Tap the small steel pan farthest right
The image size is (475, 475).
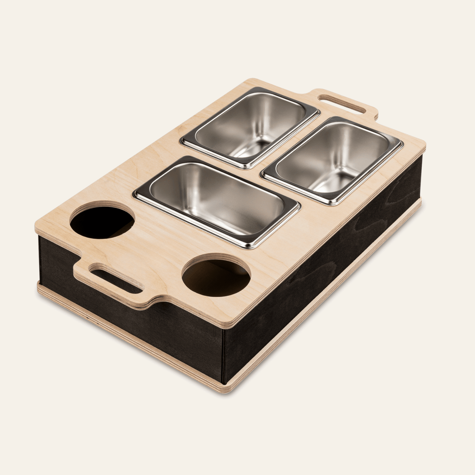332,160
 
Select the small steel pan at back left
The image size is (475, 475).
250,127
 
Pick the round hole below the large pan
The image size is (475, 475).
216,275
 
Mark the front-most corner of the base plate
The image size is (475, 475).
225,390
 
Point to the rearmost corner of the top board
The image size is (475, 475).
252,80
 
